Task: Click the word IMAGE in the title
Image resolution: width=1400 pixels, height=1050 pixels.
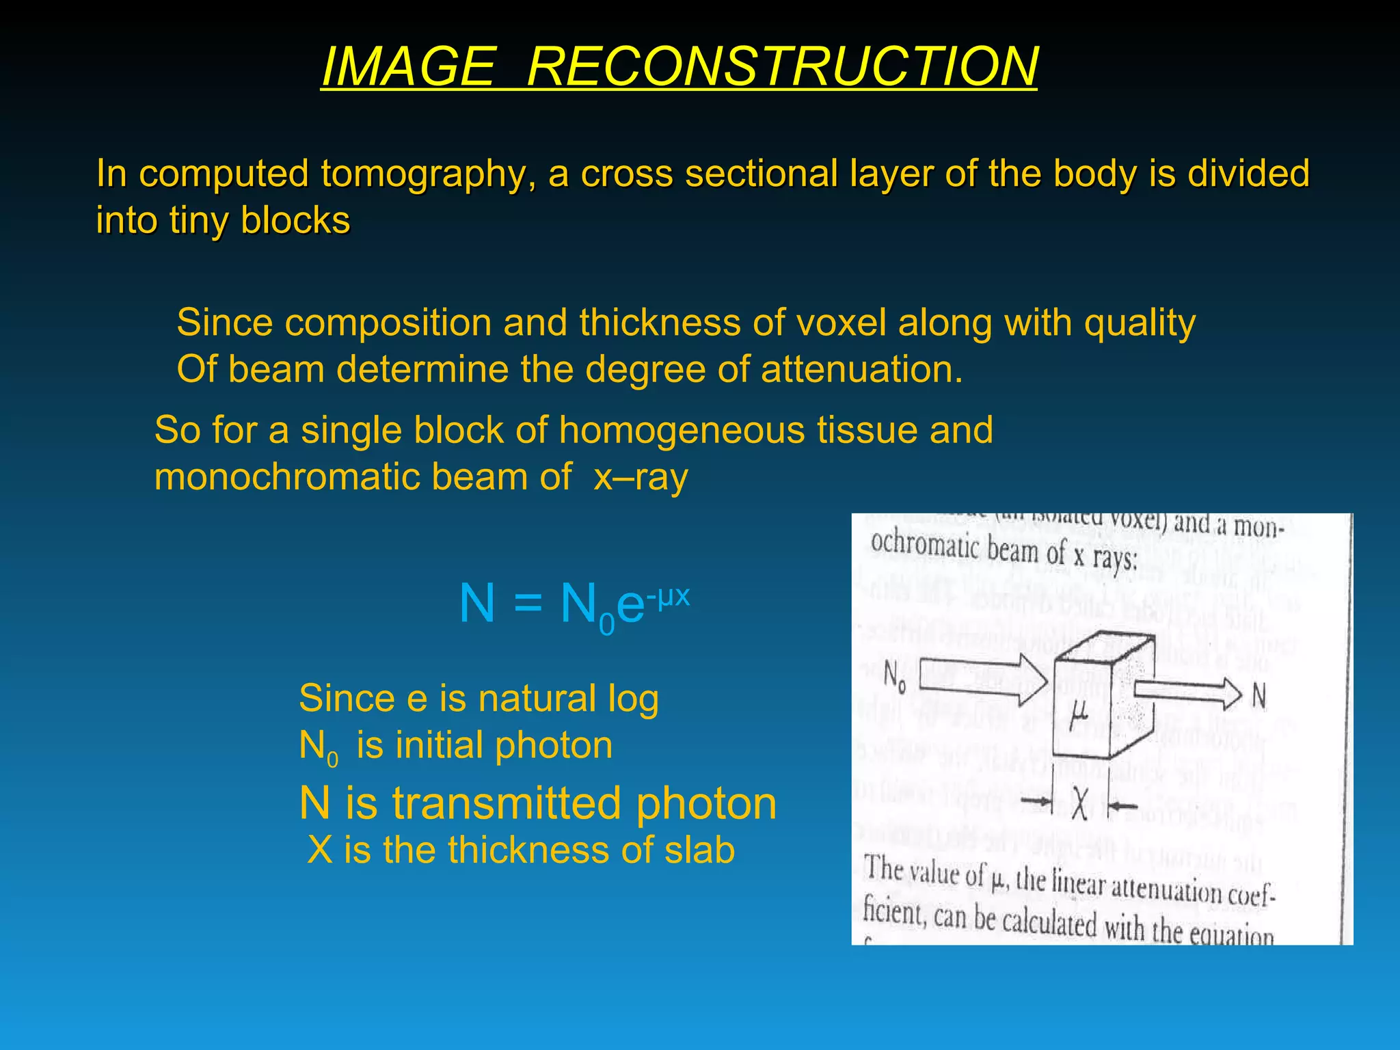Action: (x=408, y=66)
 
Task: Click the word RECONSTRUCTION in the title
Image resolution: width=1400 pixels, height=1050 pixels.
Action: (x=782, y=66)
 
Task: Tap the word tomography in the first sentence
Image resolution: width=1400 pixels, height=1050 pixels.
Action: (x=429, y=174)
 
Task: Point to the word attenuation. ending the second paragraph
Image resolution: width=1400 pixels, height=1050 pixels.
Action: (x=861, y=369)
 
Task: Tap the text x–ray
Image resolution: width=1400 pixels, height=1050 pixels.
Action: (x=641, y=476)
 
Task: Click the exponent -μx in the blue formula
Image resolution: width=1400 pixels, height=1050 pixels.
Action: (x=669, y=596)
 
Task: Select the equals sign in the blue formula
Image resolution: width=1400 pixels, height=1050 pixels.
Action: (x=527, y=604)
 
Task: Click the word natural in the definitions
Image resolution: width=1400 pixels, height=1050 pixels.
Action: (x=537, y=699)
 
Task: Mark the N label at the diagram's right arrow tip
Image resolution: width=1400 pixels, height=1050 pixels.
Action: (x=1258, y=697)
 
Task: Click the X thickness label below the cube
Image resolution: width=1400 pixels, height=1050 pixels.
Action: (x=1079, y=805)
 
